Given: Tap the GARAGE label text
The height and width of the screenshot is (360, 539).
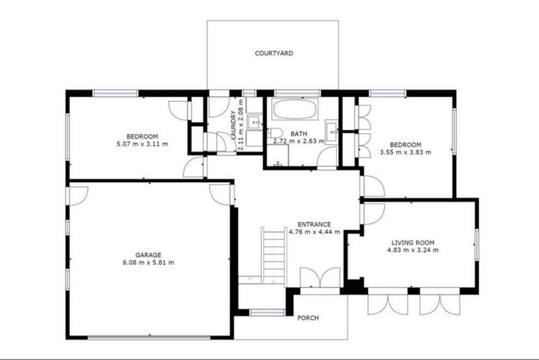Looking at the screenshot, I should [148, 255].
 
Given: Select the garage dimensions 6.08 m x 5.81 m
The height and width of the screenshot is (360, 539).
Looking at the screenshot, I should [148, 263].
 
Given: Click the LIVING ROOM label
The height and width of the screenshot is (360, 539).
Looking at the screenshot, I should [413, 243].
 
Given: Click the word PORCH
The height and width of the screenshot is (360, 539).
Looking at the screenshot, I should [308, 318].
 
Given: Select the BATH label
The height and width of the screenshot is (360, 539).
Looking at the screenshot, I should [298, 134].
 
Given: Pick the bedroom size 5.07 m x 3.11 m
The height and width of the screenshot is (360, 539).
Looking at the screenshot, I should [141, 144].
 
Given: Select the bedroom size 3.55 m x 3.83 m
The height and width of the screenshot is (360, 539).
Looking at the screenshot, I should [405, 153].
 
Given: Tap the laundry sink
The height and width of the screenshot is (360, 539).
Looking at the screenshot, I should [254, 122].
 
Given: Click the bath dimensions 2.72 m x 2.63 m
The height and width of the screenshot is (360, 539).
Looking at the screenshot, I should [298, 142].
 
